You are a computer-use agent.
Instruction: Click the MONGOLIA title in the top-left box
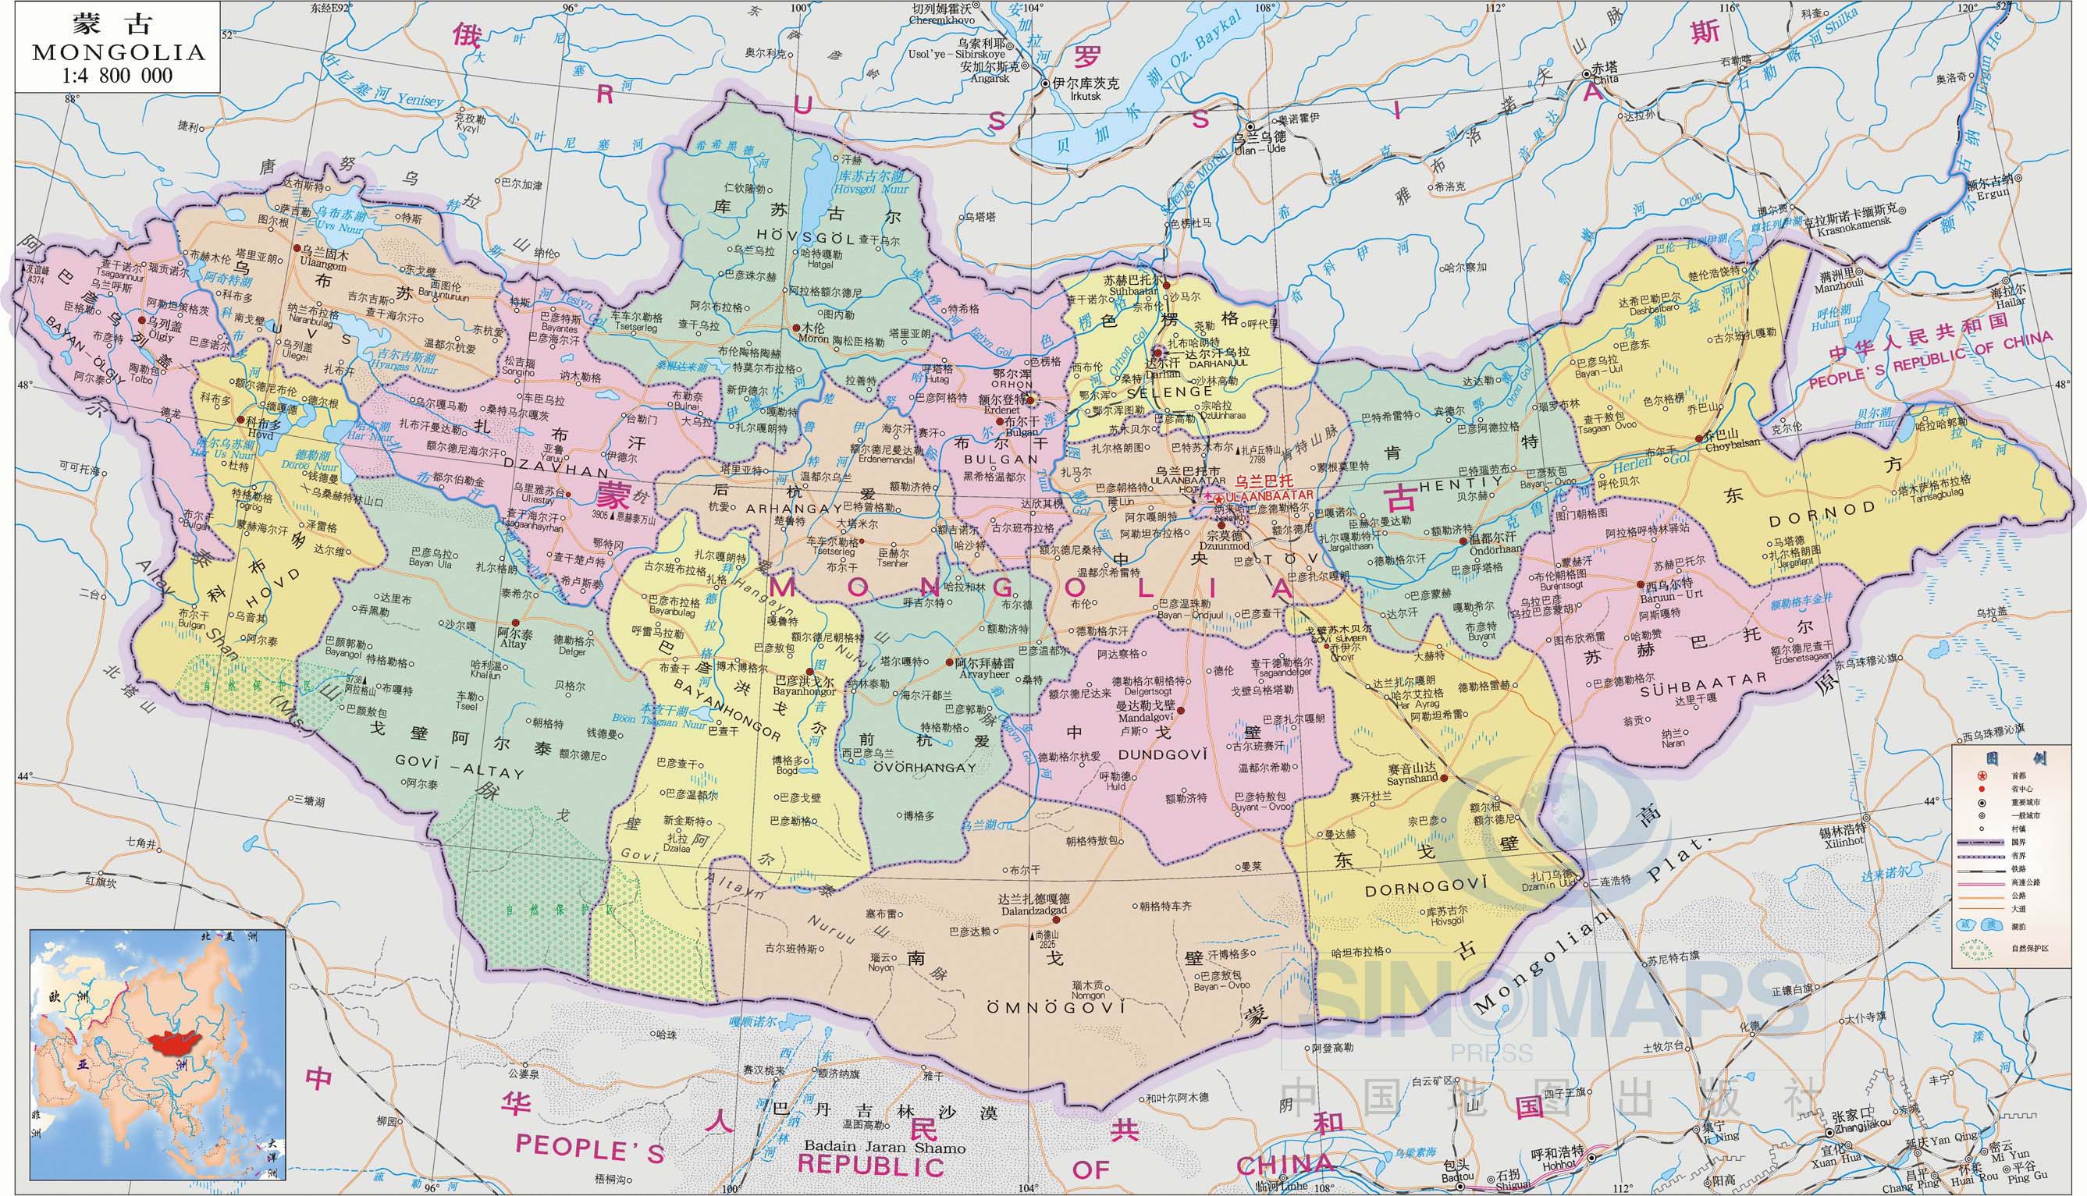(119, 52)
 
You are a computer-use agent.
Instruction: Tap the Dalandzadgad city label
(1033, 911)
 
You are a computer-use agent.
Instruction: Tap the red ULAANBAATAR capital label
(1270, 494)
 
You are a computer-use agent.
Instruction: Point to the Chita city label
(1598, 80)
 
